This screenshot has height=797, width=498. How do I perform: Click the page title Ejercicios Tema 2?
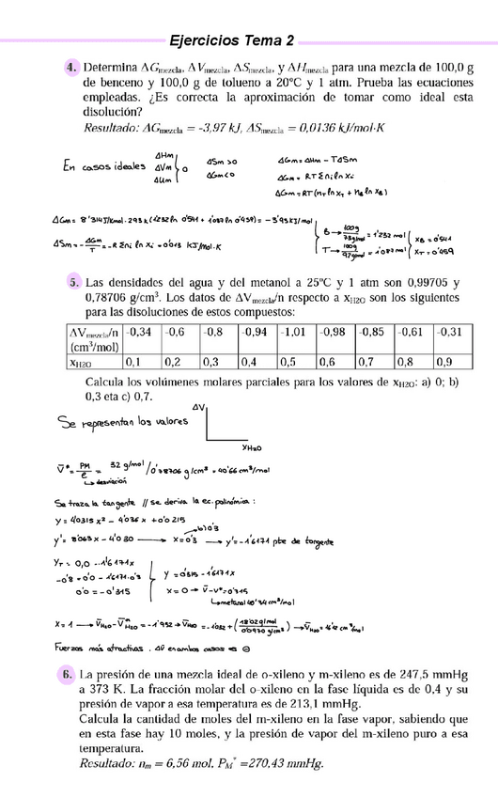(232, 40)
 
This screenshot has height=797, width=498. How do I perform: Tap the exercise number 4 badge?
(71, 69)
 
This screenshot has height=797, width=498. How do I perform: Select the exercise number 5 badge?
(73, 283)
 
